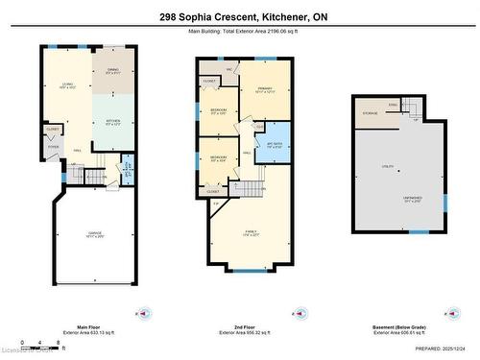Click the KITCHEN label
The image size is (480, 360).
[112, 120]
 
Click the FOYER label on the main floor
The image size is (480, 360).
[53, 147]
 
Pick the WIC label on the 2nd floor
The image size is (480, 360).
[230, 69]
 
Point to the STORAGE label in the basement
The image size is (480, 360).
[371, 112]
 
